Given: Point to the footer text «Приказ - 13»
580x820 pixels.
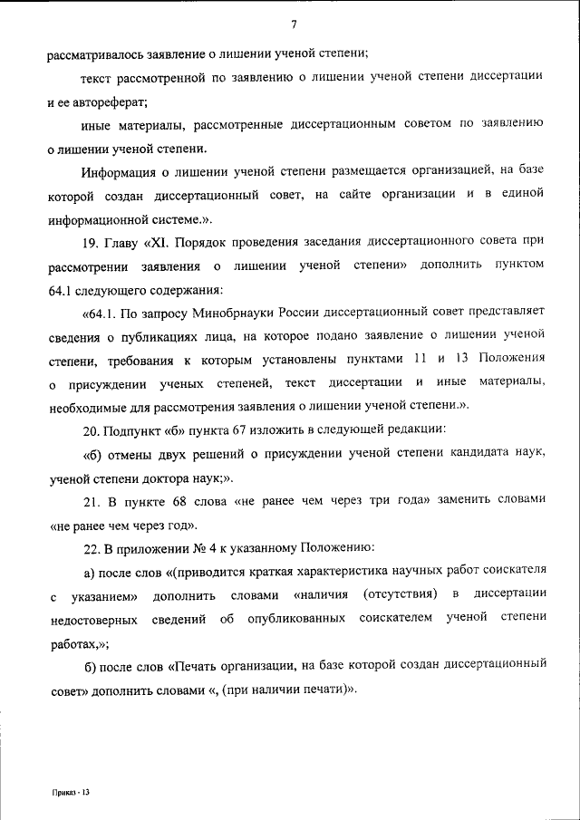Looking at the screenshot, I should click(71, 791).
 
